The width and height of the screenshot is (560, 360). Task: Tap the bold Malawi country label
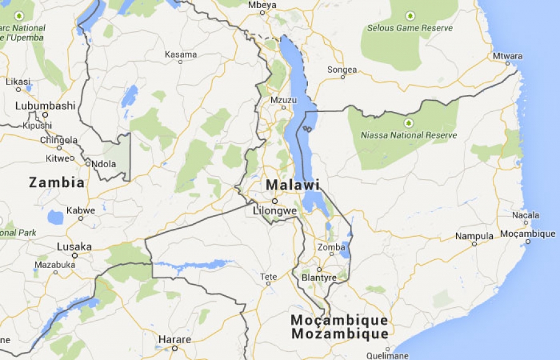[292, 185]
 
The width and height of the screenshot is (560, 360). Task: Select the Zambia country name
[57, 183]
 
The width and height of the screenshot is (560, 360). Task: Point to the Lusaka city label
[74, 247]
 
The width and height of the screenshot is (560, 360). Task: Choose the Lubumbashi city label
[45, 106]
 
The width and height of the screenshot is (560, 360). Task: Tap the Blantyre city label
[319, 277]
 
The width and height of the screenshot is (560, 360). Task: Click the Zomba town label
[331, 247]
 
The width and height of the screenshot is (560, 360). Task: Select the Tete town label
[268, 277]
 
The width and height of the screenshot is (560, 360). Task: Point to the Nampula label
[474, 236]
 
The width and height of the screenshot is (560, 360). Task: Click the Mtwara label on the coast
[508, 56]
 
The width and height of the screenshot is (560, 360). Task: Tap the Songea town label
[342, 70]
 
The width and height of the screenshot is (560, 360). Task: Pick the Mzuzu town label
[283, 99]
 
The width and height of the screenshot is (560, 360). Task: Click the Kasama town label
[180, 54]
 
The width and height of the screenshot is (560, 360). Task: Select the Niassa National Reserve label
[409, 135]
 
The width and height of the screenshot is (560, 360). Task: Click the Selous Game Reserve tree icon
[409, 16]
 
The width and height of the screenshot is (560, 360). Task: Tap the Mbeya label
[262, 5]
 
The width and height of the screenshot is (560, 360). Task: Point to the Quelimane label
[388, 356]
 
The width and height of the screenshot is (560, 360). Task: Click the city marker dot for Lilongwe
[274, 201]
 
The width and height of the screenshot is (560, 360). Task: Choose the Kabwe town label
[81, 210]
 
